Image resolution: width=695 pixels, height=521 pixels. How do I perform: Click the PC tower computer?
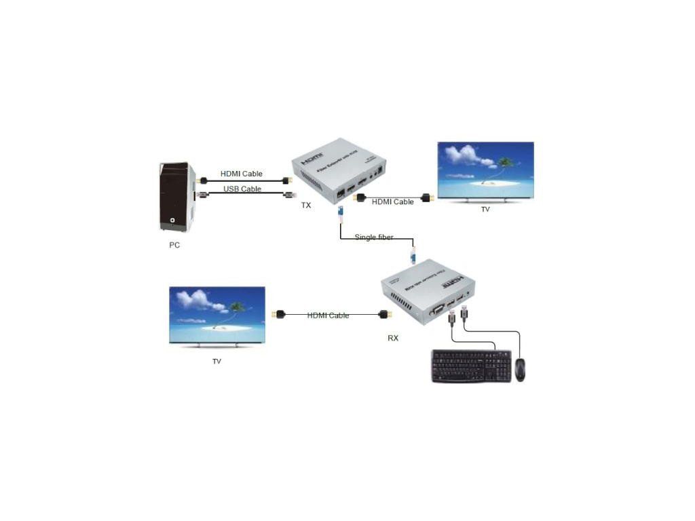coord(177,197)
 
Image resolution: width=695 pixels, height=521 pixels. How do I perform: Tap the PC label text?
coord(174,245)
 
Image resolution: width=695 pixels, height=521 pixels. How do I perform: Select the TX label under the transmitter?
coord(306,205)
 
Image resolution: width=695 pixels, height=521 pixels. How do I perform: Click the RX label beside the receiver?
coord(393,338)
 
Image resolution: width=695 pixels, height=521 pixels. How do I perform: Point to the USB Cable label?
coord(242,189)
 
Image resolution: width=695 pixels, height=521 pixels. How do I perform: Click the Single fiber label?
coord(374,237)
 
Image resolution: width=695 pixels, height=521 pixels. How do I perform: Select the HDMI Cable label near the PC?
coord(242,174)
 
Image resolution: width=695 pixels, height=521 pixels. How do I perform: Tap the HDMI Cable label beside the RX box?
coord(328,315)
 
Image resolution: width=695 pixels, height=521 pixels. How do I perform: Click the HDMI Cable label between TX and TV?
coord(393,202)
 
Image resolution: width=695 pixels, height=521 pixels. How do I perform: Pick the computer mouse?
coord(520,369)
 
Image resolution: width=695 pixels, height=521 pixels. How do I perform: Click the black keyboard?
coord(471,366)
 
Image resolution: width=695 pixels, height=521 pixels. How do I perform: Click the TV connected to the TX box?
coord(485,170)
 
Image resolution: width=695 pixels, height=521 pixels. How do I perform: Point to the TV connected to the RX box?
coord(217,316)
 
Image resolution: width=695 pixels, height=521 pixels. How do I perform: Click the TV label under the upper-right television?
coord(485,210)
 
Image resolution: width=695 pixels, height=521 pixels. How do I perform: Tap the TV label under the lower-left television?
coord(217,362)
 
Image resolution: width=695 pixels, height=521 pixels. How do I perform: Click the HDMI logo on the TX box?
coord(312,156)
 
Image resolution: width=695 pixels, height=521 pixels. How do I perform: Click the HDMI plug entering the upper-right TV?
coord(427,198)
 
